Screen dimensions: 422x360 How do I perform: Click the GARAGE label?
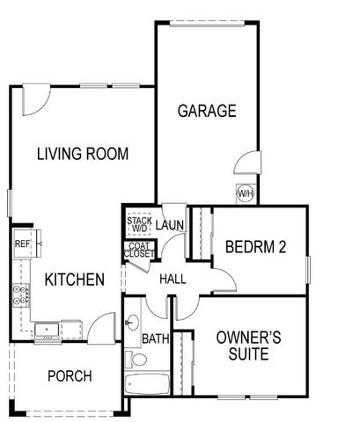pyautogui.click(x=207, y=111)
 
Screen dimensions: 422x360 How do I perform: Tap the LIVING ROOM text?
pyautogui.click(x=83, y=155)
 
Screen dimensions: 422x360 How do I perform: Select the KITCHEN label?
pyautogui.click(x=75, y=280)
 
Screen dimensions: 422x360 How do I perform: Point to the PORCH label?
pyautogui.click(x=70, y=376)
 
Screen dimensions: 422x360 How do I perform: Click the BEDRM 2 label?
pyautogui.click(x=255, y=247)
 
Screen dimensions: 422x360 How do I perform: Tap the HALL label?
pyautogui.click(x=172, y=279)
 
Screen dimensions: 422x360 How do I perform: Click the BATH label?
pyautogui.click(x=155, y=338)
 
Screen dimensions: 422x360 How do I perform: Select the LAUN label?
pyautogui.click(x=170, y=226)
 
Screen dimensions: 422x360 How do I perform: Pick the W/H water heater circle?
pyautogui.click(x=245, y=193)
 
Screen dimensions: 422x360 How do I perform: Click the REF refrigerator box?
pyautogui.click(x=22, y=244)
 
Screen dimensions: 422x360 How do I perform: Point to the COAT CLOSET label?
pyautogui.click(x=139, y=250)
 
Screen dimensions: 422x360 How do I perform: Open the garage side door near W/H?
pyautogui.click(x=248, y=164)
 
